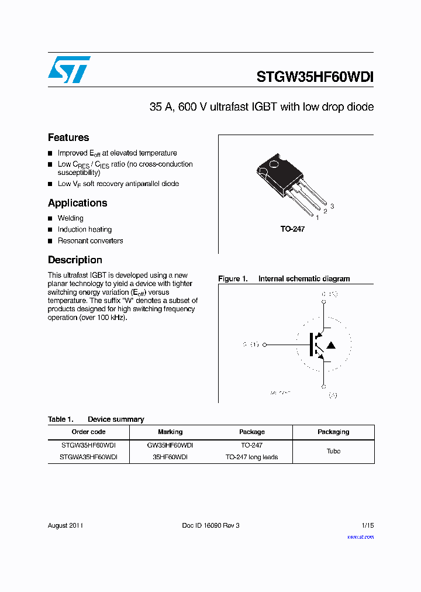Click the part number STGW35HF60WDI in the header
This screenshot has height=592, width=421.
[315, 77]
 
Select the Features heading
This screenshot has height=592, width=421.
[68, 137]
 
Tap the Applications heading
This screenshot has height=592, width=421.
[77, 203]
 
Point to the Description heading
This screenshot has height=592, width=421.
[75, 260]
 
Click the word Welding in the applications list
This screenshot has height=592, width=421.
[70, 218]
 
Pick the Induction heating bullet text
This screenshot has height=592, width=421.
[84, 229]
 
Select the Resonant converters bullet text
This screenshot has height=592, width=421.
[90, 240]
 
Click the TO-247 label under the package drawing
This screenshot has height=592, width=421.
[292, 229]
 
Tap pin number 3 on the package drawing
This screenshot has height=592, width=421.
[332, 206]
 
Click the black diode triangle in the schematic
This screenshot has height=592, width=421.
[330, 346]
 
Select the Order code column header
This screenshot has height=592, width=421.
[88, 432]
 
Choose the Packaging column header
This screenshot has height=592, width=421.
[333, 432]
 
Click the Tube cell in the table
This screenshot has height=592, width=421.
[333, 451]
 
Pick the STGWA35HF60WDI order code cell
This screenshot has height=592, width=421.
[88, 457]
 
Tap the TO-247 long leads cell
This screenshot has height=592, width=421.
[251, 457]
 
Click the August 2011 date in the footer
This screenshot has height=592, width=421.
[65, 525]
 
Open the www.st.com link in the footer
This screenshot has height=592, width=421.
[360, 536]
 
